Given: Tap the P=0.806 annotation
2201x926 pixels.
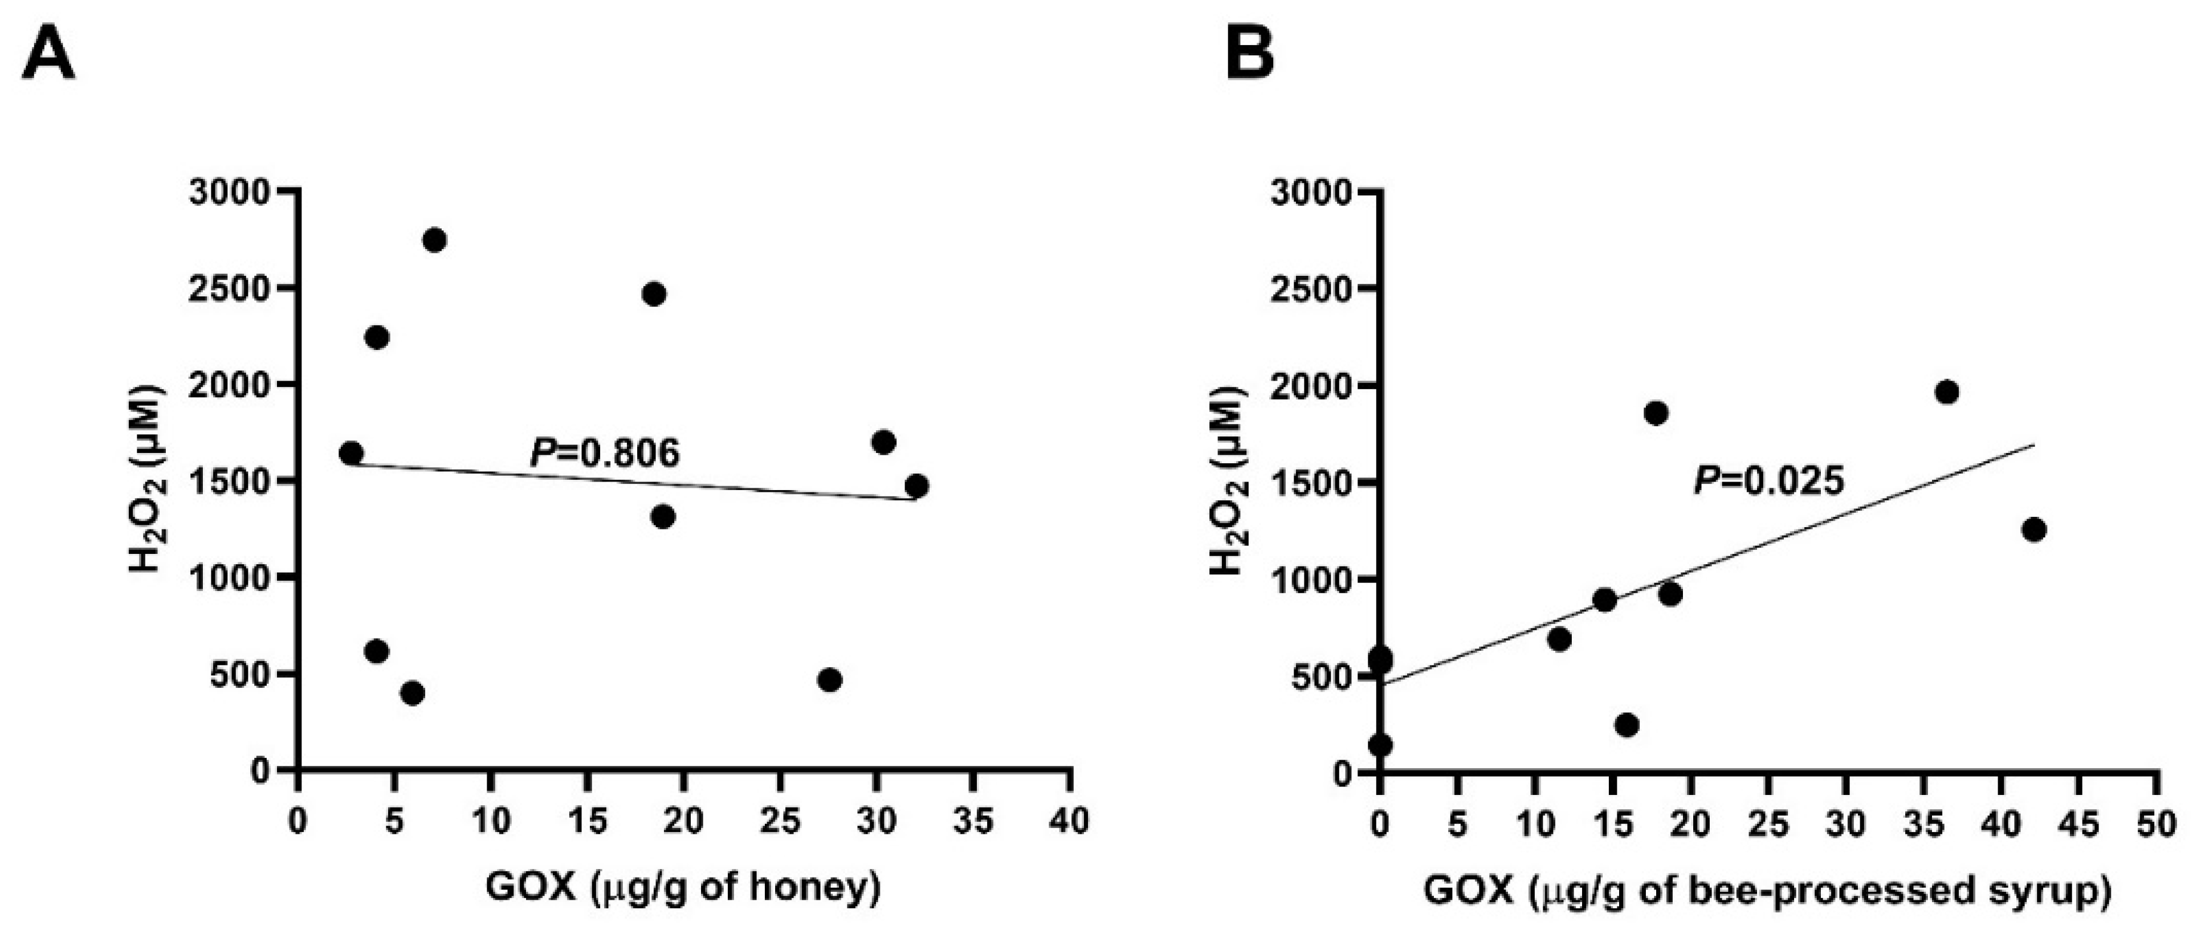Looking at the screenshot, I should [x=605, y=453].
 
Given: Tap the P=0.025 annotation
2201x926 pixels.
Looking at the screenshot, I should [x=1768, y=482].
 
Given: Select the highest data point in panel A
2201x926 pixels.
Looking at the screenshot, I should [x=434, y=240].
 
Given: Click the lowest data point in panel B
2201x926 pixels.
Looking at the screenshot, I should [x=1380, y=745].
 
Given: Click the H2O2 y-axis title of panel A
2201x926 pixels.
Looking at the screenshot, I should [x=147, y=480].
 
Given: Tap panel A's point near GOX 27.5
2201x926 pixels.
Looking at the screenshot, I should [x=829, y=680].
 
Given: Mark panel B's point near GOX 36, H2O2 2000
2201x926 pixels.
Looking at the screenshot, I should [x=1946, y=392].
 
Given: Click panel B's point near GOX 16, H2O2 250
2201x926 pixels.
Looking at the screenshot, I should [x=1627, y=724].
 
